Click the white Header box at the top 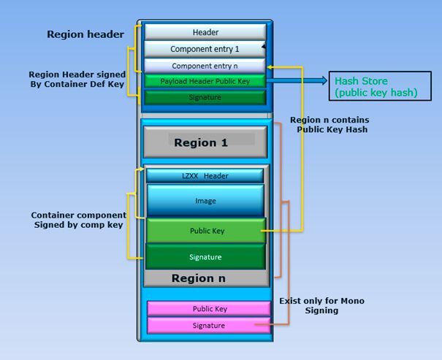(x=205, y=32)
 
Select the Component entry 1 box (x=205, y=49)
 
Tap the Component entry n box (x=205, y=66)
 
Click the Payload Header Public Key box (x=205, y=81)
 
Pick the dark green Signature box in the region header (x=205, y=97)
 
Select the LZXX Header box (x=205, y=176)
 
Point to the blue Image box (x=205, y=200)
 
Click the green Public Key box (x=205, y=231)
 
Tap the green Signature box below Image (x=205, y=257)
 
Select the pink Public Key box (x=208, y=309)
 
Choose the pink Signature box (x=208, y=325)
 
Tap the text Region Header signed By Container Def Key (x=77, y=80)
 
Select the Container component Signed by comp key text (x=78, y=221)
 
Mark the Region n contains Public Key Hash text (x=329, y=124)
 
